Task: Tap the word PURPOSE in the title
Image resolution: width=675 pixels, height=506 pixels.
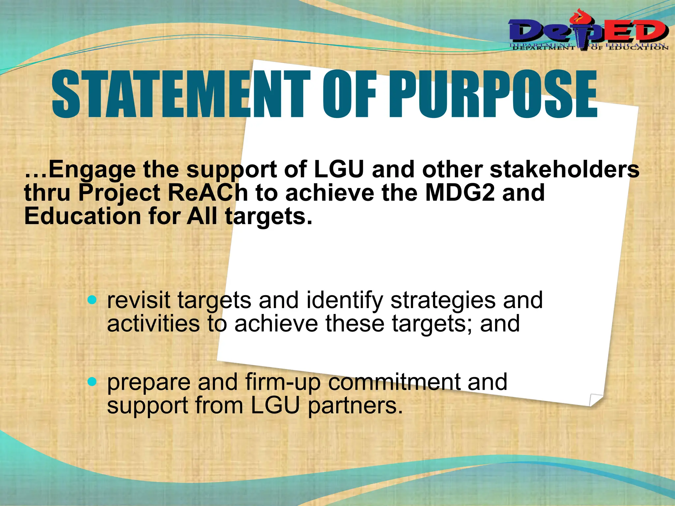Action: (x=493, y=95)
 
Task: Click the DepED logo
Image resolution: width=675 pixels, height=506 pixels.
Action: (x=588, y=33)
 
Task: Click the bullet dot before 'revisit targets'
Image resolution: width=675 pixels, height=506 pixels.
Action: (x=93, y=300)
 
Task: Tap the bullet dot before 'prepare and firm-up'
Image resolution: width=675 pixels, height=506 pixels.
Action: (x=93, y=382)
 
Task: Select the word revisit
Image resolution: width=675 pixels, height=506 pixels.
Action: (x=138, y=300)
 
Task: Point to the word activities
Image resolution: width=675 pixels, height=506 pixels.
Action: (x=153, y=324)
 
